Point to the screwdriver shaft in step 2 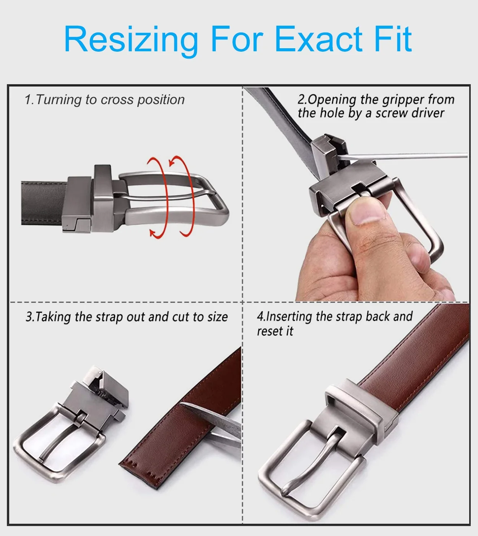[402, 157]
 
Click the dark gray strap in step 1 [44, 203]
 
